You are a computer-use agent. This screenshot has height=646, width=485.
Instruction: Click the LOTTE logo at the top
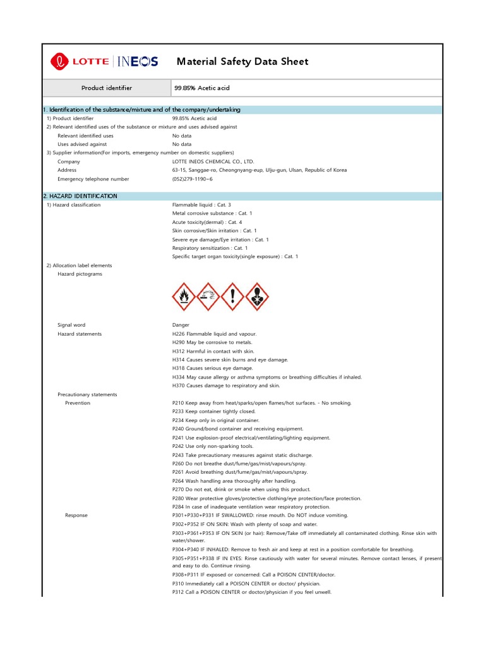80,61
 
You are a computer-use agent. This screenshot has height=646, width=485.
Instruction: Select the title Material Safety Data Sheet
242,61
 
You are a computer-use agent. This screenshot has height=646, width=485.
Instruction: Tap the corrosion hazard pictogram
208,296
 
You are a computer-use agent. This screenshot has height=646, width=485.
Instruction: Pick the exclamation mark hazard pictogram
233,296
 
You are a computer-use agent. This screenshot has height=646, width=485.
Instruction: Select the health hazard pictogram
257,296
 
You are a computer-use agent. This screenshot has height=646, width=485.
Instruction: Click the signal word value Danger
181,325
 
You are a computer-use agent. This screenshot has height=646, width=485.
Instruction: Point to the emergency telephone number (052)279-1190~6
193,179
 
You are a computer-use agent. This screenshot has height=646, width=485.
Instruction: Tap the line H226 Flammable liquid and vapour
214,334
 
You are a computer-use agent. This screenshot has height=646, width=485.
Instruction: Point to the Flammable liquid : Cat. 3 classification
201,205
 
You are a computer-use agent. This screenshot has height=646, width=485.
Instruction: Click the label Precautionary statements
87,394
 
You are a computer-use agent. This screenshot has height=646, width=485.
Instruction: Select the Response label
76,515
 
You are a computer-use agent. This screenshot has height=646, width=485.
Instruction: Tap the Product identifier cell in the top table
107,88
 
